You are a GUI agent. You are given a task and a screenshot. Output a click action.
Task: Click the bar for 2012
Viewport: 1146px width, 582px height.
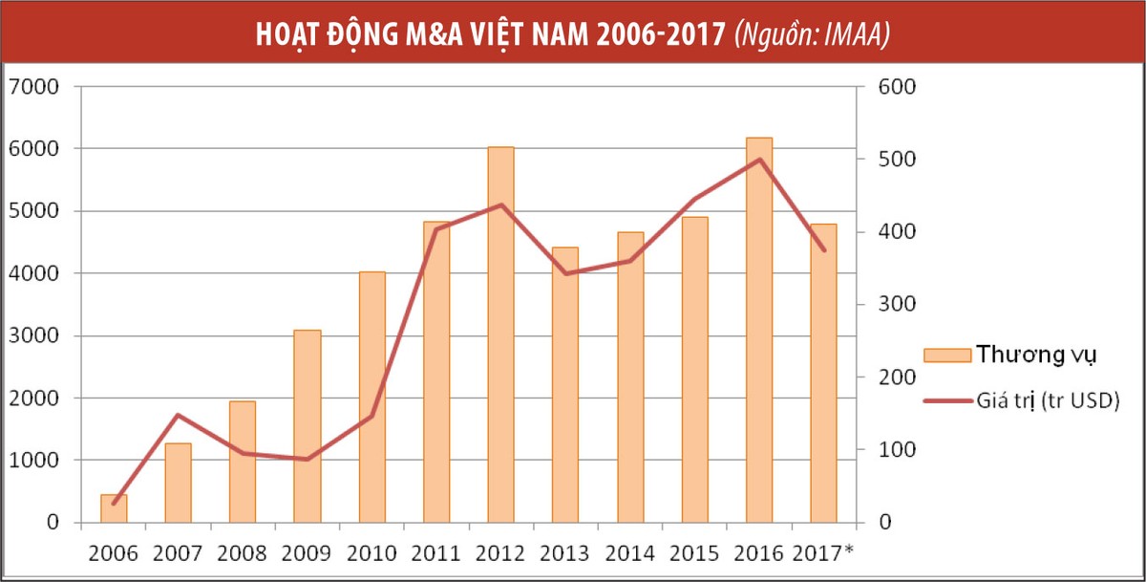pos(500,334)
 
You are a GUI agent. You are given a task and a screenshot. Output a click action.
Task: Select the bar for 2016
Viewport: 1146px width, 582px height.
pos(758,330)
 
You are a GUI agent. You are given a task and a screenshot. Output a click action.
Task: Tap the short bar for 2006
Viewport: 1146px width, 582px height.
pos(114,508)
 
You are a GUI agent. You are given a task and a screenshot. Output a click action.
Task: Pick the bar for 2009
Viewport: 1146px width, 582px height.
pos(307,426)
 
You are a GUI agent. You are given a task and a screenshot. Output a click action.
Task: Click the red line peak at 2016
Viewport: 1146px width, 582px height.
pos(758,160)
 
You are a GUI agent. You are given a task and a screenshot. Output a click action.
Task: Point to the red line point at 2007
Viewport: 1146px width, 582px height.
pos(178,415)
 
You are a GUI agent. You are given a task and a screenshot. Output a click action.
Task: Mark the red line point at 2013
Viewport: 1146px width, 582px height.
pos(565,274)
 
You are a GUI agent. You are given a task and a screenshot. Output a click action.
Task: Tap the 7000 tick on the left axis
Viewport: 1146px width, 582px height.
pos(33,87)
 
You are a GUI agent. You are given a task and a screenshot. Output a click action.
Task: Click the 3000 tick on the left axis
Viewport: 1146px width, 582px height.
pos(33,336)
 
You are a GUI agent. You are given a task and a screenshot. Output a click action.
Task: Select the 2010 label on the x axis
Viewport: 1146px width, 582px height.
pos(371,553)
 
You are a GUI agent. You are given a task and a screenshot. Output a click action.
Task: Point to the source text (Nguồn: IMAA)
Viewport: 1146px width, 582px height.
pos(812,34)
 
